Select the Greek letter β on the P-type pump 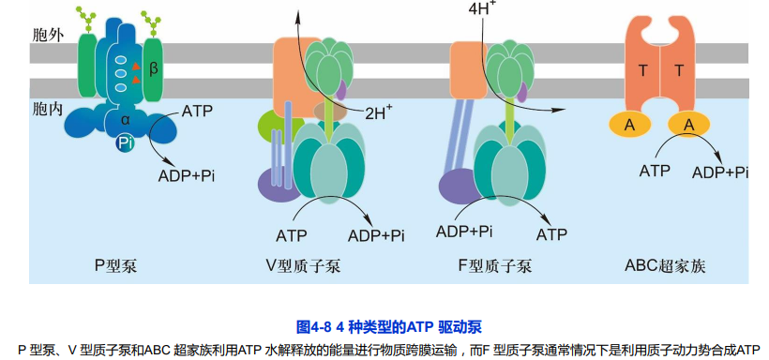154,68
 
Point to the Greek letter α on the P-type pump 125,119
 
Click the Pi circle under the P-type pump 126,143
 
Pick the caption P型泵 115,265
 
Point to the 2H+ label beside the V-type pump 378,113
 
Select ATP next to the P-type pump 196,111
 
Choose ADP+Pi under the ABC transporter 720,172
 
